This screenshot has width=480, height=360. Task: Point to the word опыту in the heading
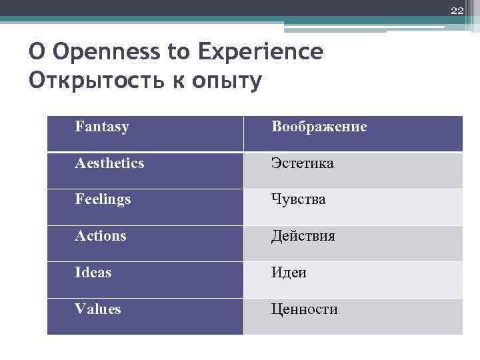[x=226, y=81]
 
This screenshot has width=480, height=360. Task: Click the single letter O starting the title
[x=37, y=51]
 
